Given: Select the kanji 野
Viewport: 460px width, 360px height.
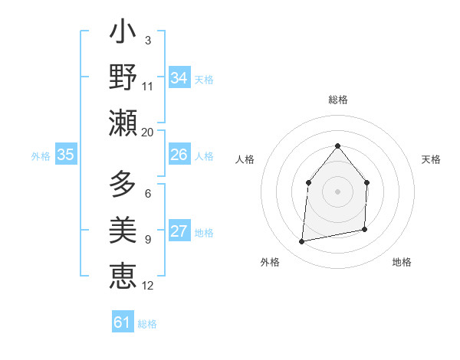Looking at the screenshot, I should (123, 77).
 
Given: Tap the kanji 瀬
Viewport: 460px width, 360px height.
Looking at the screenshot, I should (123, 122).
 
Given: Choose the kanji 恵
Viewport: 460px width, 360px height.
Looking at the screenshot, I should (123, 274).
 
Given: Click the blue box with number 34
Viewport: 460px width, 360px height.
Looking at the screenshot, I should (179, 78).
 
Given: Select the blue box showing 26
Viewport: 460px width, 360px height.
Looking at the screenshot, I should (179, 155).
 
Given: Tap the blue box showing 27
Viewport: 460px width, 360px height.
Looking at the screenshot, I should (179, 231).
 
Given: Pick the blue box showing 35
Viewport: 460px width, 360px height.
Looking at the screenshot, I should (66, 155).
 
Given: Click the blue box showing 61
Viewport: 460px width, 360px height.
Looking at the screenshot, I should (123, 322).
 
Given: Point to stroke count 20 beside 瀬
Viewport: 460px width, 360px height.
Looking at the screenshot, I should (148, 132).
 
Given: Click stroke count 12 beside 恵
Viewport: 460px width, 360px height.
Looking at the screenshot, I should (148, 286).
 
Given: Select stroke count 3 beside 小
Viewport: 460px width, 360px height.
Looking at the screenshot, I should (147, 40).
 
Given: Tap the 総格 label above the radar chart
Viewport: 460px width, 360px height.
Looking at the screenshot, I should (337, 100).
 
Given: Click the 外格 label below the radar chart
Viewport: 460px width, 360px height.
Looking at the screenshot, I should (270, 262).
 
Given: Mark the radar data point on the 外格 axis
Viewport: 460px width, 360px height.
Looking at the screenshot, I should (302, 242).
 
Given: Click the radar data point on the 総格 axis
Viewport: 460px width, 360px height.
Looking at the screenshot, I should (337, 146).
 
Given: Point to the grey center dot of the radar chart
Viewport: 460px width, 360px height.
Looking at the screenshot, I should (337, 191).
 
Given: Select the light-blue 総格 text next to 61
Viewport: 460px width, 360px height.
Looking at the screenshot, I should (147, 324).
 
